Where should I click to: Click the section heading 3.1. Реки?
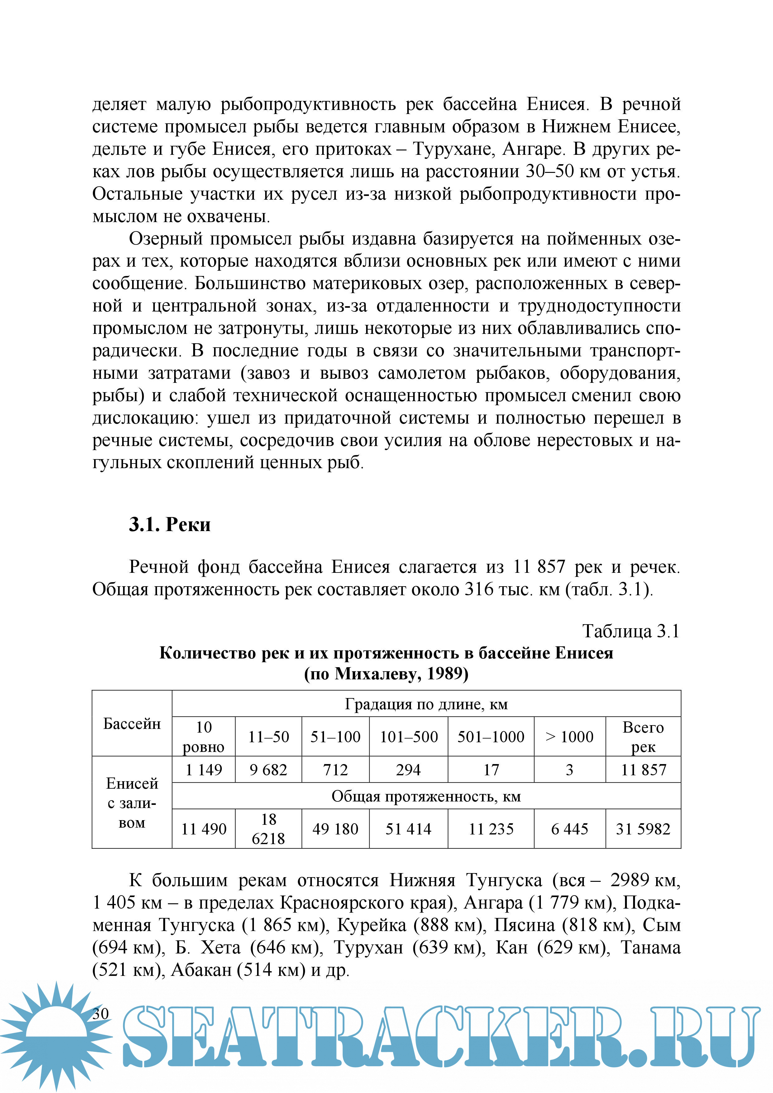coord(169,525)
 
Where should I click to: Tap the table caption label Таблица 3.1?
coord(631,631)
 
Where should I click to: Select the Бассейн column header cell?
coord(132,724)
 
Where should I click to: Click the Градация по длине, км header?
coord(426,704)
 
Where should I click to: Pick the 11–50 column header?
coord(269,737)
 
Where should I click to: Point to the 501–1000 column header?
coord(491,737)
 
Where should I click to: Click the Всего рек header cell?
coord(643,737)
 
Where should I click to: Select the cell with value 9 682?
coord(269,770)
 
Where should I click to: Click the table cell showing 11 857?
coord(643,770)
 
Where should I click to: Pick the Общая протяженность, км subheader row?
coord(426,796)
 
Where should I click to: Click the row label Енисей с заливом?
coord(132,803)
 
